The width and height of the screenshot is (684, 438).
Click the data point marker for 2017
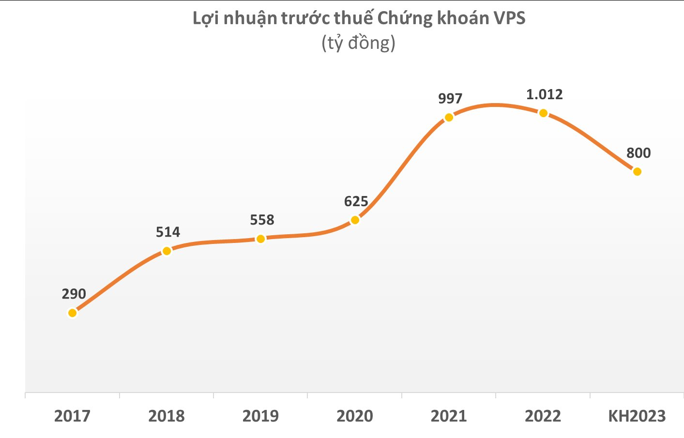(72, 313)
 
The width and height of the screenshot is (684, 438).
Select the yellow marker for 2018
(167, 251)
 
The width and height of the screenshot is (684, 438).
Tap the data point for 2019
(260, 239)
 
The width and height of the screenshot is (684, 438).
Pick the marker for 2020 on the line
(355, 220)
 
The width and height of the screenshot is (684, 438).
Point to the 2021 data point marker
(449, 117)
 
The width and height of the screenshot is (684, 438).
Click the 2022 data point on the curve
(543, 113)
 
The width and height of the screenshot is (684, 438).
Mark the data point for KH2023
(637, 171)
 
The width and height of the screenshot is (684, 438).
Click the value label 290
(74, 294)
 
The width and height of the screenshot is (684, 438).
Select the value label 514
(168, 232)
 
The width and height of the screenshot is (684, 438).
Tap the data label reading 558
(262, 220)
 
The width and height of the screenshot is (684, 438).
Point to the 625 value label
(356, 201)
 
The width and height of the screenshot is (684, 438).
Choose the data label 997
(450, 99)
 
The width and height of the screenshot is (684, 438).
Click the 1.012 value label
(545, 94)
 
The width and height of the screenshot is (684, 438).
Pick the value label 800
(638, 153)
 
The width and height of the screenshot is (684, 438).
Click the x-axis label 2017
(72, 416)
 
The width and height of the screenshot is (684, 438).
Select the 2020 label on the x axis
(355, 416)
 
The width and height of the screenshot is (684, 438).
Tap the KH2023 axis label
(637, 416)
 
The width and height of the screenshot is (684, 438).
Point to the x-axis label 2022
(543, 416)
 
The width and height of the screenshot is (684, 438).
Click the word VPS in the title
(509, 18)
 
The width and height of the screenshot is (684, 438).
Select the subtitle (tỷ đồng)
(358, 43)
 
